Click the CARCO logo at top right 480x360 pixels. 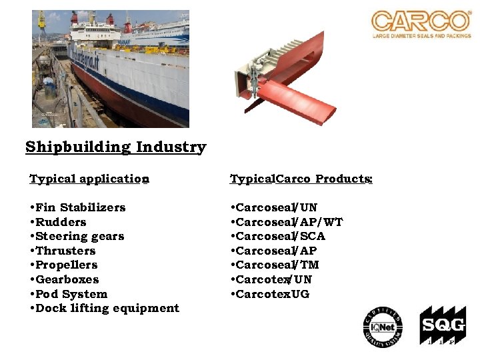pyautogui.click(x=421, y=24)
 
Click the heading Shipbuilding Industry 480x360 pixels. pyautogui.click(x=116, y=147)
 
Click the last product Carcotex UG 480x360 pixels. pyautogui.click(x=272, y=294)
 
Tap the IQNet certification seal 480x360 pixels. pyautogui.click(x=383, y=327)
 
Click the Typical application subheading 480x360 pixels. pyautogui.click(x=89, y=179)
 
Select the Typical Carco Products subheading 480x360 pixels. pyautogui.click(x=301, y=179)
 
